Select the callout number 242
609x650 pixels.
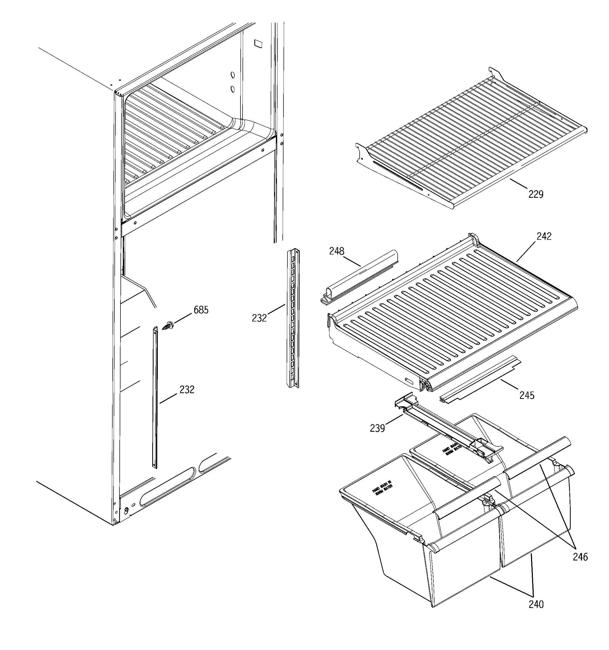tap(544, 236)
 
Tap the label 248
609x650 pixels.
tap(337, 251)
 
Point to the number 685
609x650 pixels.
tap(201, 310)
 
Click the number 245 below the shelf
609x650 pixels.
tap(527, 396)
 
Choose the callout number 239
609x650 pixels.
tap(377, 428)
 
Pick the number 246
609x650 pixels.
tap(580, 557)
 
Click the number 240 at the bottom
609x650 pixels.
tap(536, 605)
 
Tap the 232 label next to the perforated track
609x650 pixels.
tap(259, 318)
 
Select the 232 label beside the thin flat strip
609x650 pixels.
tap(187, 389)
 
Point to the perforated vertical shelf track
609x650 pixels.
tap(293, 319)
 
